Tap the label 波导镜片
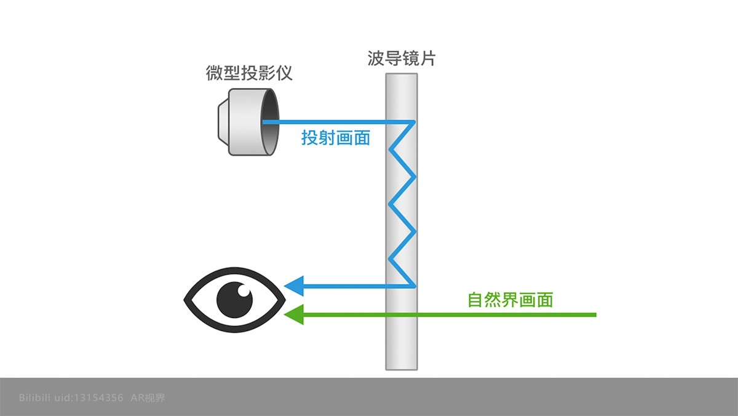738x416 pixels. [x=402, y=59]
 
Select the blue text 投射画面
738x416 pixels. [x=336, y=137]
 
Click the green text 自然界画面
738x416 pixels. [x=510, y=300]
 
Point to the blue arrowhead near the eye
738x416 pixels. [x=294, y=285]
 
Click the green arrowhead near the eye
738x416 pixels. [x=294, y=314]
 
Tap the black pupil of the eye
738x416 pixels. [x=234, y=299]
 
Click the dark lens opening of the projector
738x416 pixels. [x=269, y=122]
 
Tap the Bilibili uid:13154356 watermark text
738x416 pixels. [x=71, y=398]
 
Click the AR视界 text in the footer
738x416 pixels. [x=148, y=398]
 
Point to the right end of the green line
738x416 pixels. [x=595, y=314]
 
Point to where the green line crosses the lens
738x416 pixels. [x=402, y=314]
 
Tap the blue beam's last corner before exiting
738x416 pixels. [x=415, y=285]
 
